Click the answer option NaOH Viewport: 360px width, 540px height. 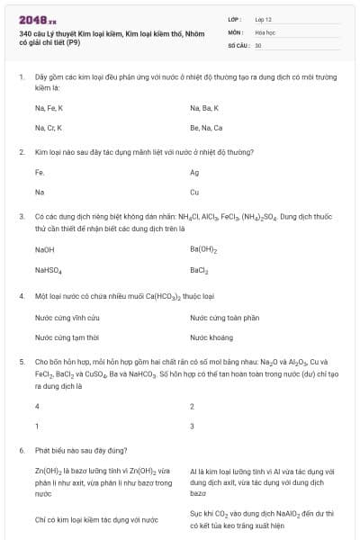click(45, 249)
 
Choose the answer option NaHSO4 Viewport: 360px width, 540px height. click(49, 269)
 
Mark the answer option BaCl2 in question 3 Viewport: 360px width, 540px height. click(199, 269)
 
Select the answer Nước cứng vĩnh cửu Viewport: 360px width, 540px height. click(61, 318)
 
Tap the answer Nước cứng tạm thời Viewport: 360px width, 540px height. click(61, 337)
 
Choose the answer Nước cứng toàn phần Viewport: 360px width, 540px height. click(224, 318)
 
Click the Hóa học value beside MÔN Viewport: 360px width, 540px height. click(265, 31)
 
